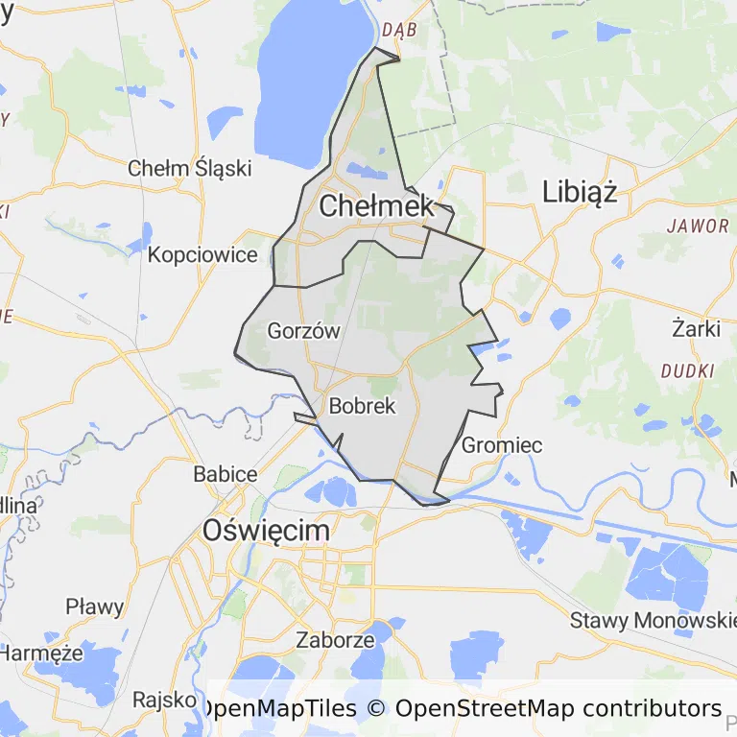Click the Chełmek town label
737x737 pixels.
[376, 205]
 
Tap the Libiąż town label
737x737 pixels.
[579, 191]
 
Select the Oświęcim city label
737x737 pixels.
[266, 530]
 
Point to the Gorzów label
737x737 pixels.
[304, 331]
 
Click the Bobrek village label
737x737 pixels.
[362, 406]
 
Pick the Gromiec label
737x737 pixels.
[502, 445]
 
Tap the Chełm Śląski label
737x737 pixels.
[190, 168]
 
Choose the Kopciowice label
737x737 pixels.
[202, 255]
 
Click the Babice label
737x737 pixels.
[226, 474]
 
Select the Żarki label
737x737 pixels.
[696, 328]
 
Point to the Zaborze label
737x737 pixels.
[335, 639]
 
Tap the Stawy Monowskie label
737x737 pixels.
[653, 620]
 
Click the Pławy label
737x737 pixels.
[95, 606]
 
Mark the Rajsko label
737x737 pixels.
[165, 700]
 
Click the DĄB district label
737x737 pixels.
[398, 30]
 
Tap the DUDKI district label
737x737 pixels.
[688, 370]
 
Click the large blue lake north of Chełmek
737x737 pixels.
[307, 77]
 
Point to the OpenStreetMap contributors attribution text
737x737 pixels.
[558, 709]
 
